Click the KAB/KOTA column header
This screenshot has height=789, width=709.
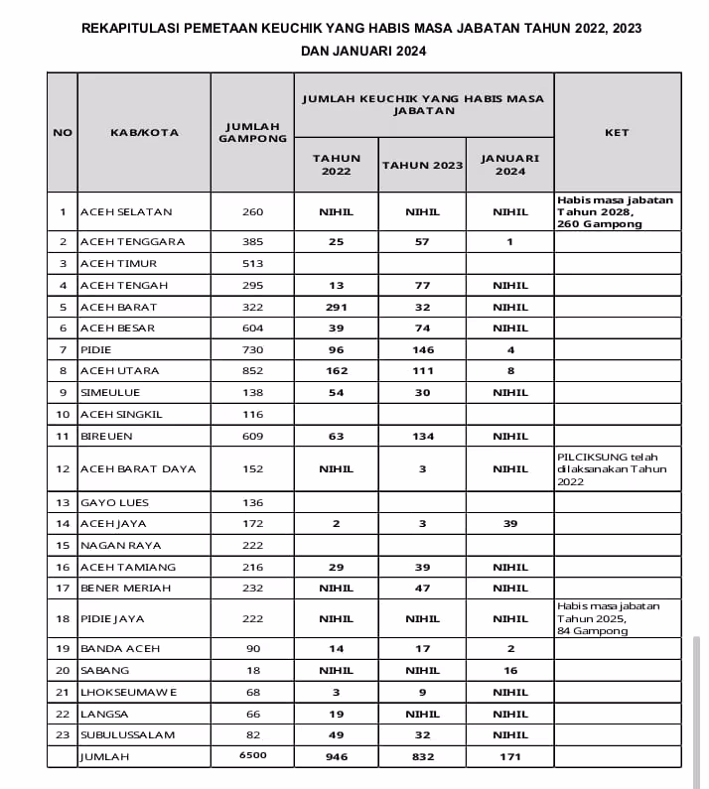pyautogui.click(x=144, y=132)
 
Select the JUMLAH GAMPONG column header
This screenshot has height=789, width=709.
pyautogui.click(x=252, y=132)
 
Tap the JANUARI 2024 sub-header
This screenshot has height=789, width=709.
pyautogui.click(x=509, y=164)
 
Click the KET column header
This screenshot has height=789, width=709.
pyautogui.click(x=616, y=132)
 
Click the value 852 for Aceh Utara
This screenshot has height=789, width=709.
pyautogui.click(x=252, y=370)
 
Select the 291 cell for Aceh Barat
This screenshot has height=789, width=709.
pyautogui.click(x=337, y=307)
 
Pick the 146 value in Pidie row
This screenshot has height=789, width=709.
pyautogui.click(x=422, y=349)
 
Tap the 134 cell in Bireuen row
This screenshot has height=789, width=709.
pyautogui.click(x=422, y=435)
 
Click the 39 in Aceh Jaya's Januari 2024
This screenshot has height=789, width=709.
pyautogui.click(x=509, y=523)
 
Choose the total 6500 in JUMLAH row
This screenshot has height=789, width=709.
pyautogui.click(x=252, y=755)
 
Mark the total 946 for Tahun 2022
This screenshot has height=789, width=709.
pyautogui.click(x=337, y=756)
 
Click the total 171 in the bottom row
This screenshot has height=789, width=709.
pyautogui.click(x=509, y=756)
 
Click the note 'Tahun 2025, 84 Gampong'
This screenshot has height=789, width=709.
pyautogui.click(x=606, y=624)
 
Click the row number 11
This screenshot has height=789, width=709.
pyautogui.click(x=63, y=435)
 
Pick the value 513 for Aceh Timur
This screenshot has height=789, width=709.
pyautogui.click(x=252, y=263)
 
